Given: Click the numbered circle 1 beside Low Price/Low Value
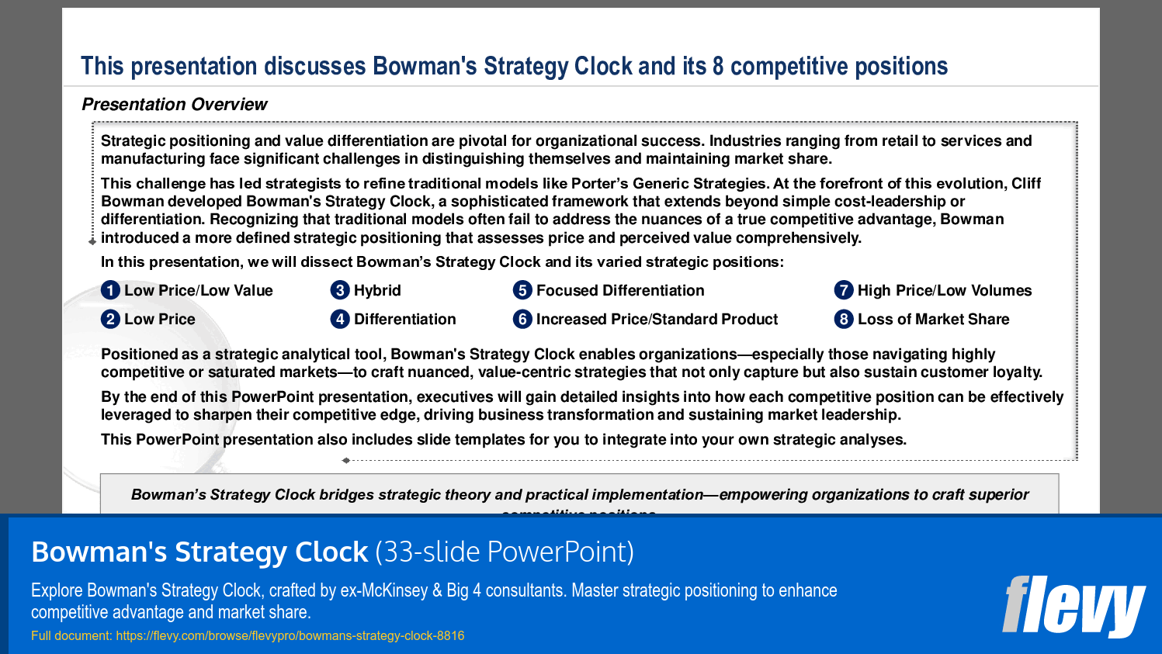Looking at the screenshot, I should pos(110,290).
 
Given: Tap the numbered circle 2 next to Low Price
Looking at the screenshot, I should pos(110,319).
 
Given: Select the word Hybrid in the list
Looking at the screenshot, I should pos(377,290).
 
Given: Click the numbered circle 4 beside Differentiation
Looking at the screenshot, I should pos(340,319).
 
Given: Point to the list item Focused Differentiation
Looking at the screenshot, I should pos(619,290).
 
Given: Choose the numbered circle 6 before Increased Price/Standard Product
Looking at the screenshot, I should pos(522,319).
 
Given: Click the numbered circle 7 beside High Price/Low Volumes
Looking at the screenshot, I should pos(844,290).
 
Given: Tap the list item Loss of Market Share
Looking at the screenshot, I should pos(933,319).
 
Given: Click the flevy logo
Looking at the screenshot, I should pos(1073,606).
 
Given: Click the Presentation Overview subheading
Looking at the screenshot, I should pos(175,104).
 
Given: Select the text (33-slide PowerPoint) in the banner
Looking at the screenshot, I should pos(505,552).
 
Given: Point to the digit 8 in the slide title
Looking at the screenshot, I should pos(718,66).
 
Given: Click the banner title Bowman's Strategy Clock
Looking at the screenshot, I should pos(199,552).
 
